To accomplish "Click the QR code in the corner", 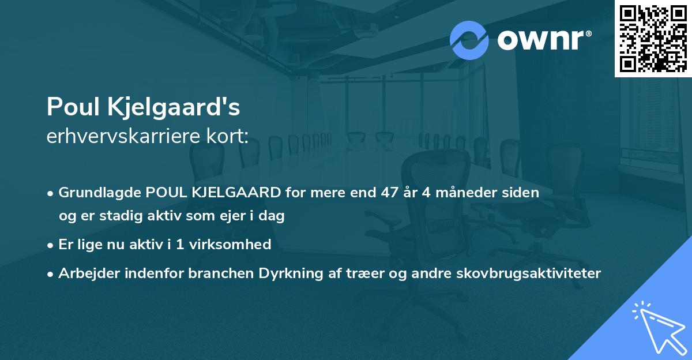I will click(x=653, y=38).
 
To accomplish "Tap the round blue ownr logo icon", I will click(x=469, y=40).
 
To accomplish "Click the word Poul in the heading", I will click(x=70, y=107).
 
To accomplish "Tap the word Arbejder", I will click(x=85, y=273).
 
